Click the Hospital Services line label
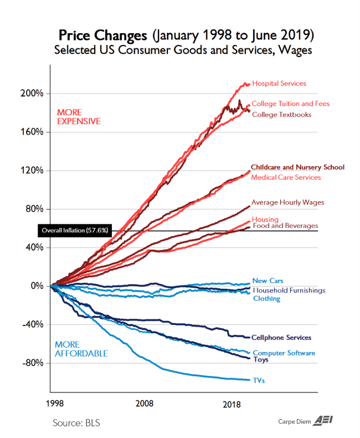tap(279, 84)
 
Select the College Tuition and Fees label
tap(290, 104)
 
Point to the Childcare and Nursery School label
tap(297, 167)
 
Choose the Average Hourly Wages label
tap(287, 202)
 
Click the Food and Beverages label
tap(285, 226)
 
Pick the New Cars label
tap(268, 281)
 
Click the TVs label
tap(259, 380)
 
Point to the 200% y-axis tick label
tap(32, 93)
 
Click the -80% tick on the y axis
tap(32, 363)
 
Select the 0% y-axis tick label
tap(36, 286)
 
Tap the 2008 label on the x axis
tap(145, 403)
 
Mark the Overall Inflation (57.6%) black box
tap(75, 230)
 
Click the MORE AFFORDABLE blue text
tap(81, 349)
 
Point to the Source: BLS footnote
tap(76, 423)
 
